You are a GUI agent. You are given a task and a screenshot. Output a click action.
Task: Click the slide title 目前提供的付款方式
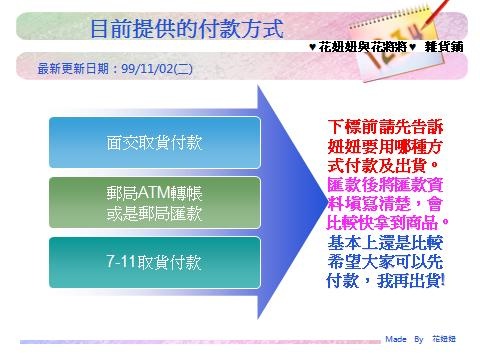pos(187,29)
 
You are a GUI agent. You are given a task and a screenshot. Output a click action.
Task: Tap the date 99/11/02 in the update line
pos(147,69)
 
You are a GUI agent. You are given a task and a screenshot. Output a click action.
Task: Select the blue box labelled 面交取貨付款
pos(155,142)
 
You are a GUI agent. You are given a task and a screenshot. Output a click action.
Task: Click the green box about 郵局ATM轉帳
pos(155,203)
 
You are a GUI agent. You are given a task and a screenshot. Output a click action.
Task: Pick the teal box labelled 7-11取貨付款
pos(155,262)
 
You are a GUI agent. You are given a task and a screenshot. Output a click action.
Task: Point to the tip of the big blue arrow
pos(327,203)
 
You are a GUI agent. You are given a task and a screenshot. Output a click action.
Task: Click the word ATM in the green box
pos(154,193)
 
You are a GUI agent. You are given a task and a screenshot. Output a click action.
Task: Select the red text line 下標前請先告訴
pos(385,127)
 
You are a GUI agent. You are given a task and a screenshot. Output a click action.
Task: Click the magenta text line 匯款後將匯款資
pos(385,184)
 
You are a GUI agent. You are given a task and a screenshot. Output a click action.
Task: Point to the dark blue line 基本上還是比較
pos(385,242)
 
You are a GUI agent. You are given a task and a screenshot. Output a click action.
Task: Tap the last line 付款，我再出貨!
pos(385,281)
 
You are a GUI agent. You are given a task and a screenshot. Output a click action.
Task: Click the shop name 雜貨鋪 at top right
pos(444,47)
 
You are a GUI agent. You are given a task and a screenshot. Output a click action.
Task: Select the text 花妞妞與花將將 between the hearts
pos(363,47)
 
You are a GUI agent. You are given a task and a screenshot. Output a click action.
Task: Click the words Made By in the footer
pos(404,339)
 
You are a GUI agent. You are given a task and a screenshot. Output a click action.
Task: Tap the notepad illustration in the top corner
pos(398,42)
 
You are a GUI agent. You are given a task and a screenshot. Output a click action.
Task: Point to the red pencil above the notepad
pos(435,14)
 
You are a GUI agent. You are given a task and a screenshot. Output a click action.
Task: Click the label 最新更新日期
pos(73,69)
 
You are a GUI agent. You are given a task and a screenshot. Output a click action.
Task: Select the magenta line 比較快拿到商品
pos(387,223)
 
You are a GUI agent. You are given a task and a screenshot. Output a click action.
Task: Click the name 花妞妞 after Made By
pos(444,339)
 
